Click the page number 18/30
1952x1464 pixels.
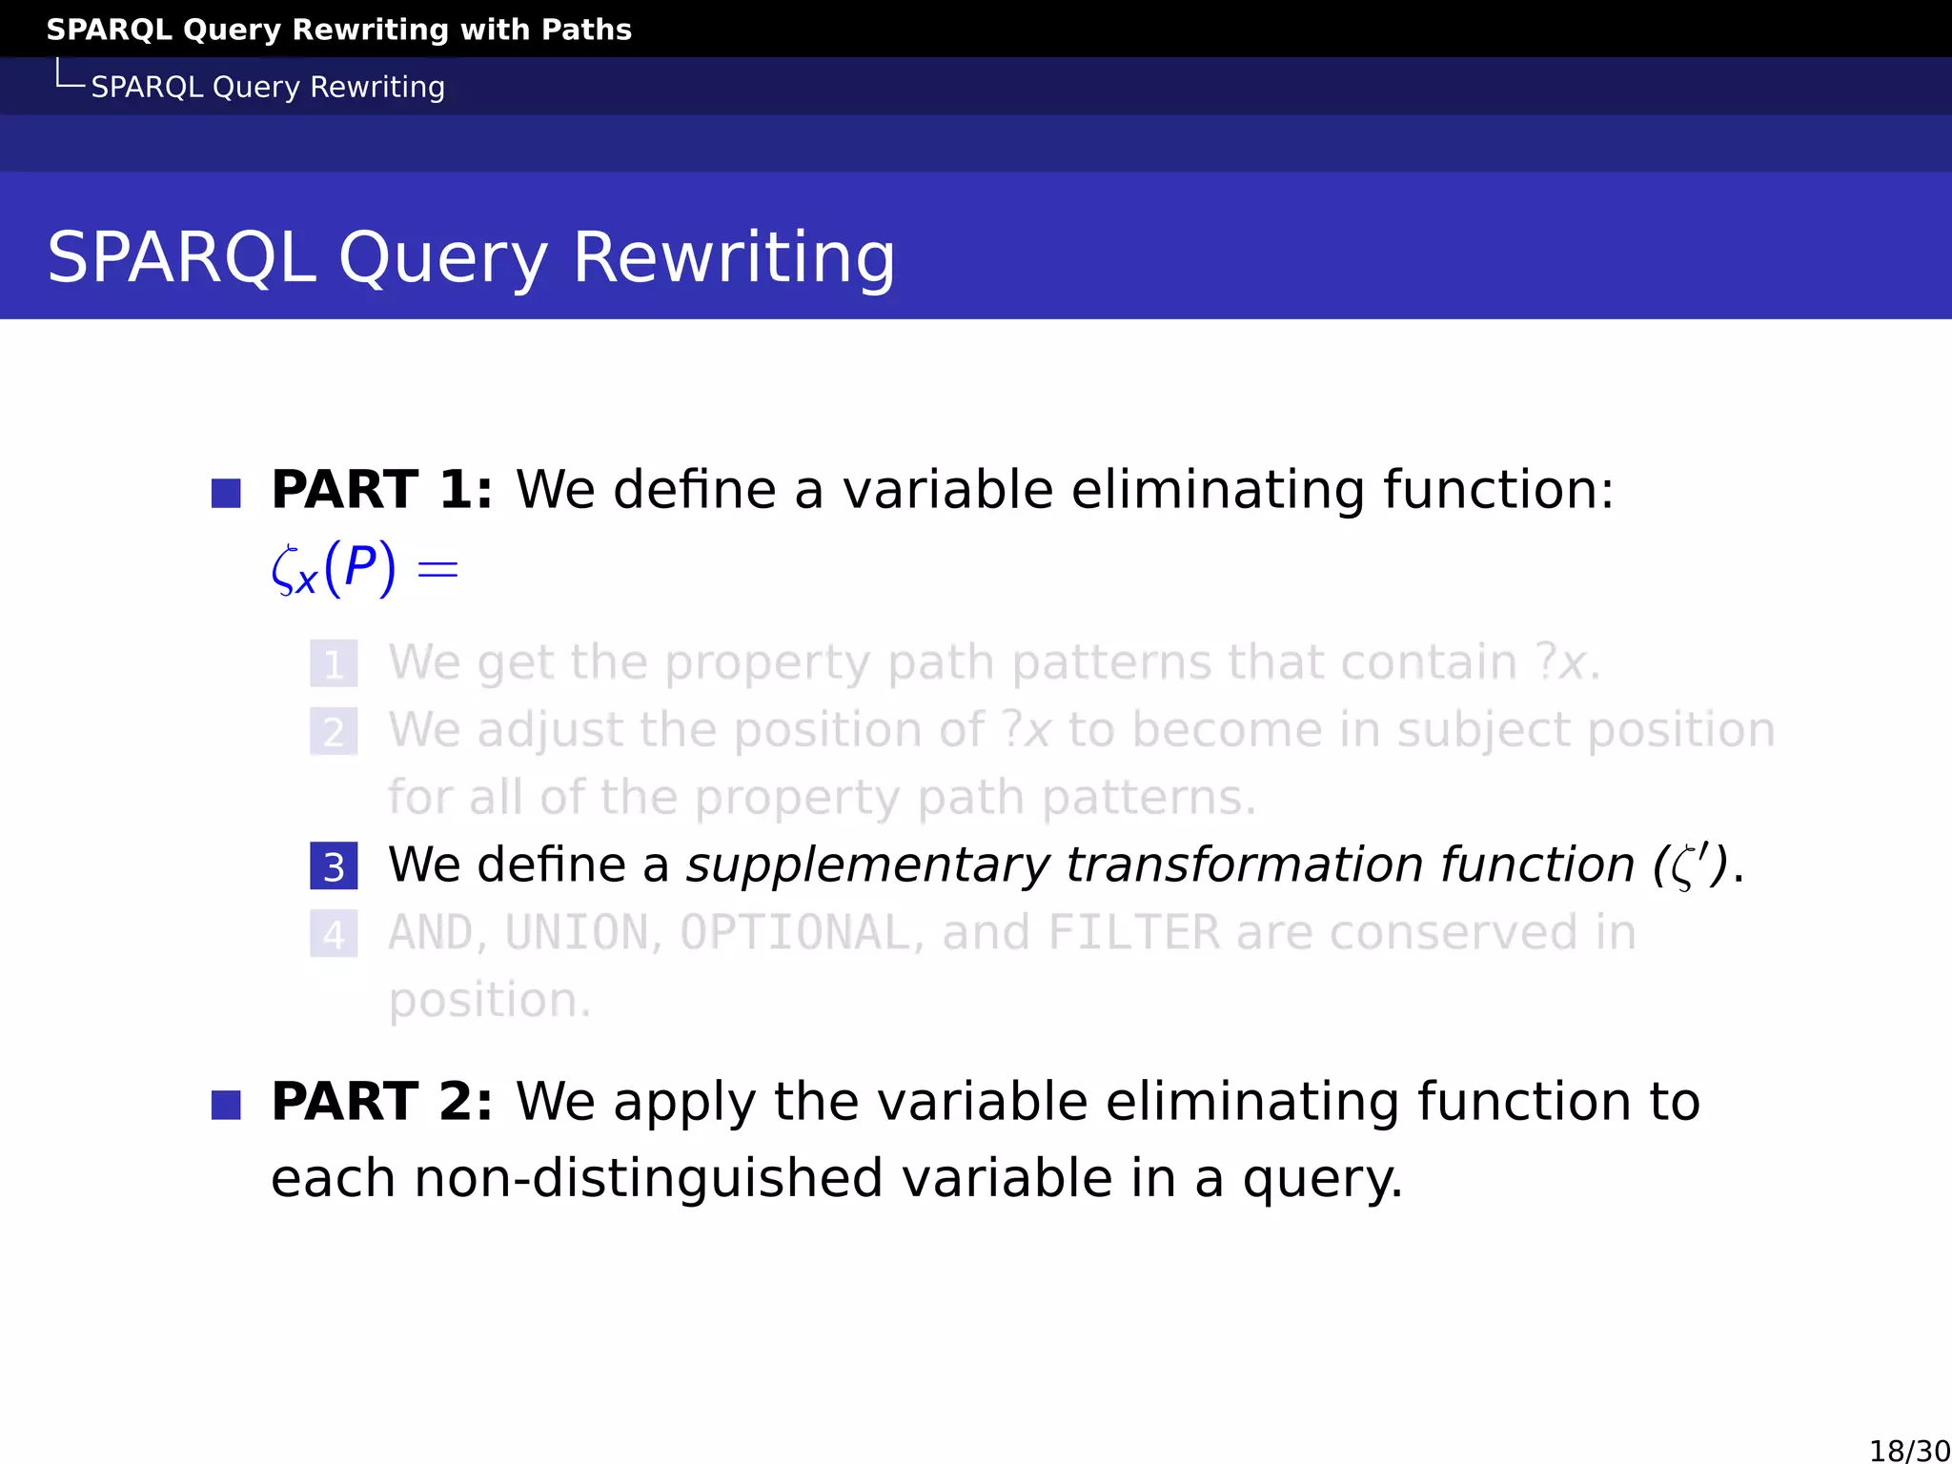coord(1909,1451)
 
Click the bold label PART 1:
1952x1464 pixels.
coord(382,490)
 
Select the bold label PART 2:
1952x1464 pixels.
coord(382,1102)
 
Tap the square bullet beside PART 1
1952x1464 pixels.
coord(226,494)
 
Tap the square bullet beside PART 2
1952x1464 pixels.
coord(226,1106)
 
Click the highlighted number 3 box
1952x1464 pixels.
coord(334,866)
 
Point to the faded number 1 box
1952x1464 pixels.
coord(334,664)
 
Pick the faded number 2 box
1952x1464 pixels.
coord(334,732)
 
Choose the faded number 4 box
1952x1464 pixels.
coord(334,934)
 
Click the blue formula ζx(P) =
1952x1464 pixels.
coord(365,570)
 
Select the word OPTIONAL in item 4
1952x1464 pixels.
coord(796,933)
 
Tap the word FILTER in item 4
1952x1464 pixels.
coord(1133,933)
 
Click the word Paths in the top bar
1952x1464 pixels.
coord(586,30)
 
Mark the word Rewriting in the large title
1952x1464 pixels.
coord(734,257)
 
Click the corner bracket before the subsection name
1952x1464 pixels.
coord(69,76)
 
